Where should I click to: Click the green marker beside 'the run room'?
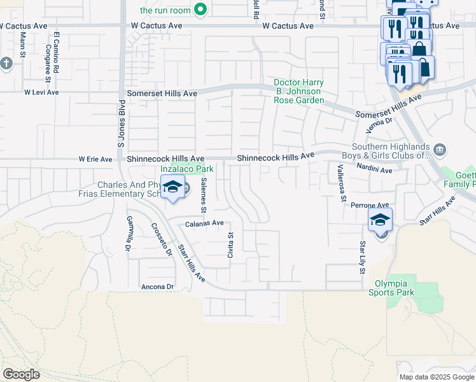click(x=201, y=10)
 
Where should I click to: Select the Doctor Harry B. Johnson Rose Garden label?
click(x=298, y=92)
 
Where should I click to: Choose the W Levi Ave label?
click(x=41, y=92)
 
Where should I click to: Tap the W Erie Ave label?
click(x=95, y=159)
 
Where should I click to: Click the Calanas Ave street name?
click(x=204, y=223)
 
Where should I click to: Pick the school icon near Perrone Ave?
click(x=380, y=220)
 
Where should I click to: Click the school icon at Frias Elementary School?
click(x=172, y=187)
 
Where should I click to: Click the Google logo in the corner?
click(x=22, y=374)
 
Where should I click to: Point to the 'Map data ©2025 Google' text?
click(x=436, y=377)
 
